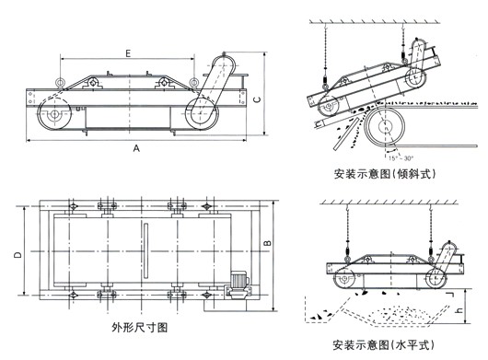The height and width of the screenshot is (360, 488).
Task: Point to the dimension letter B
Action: click(x=267, y=243)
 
